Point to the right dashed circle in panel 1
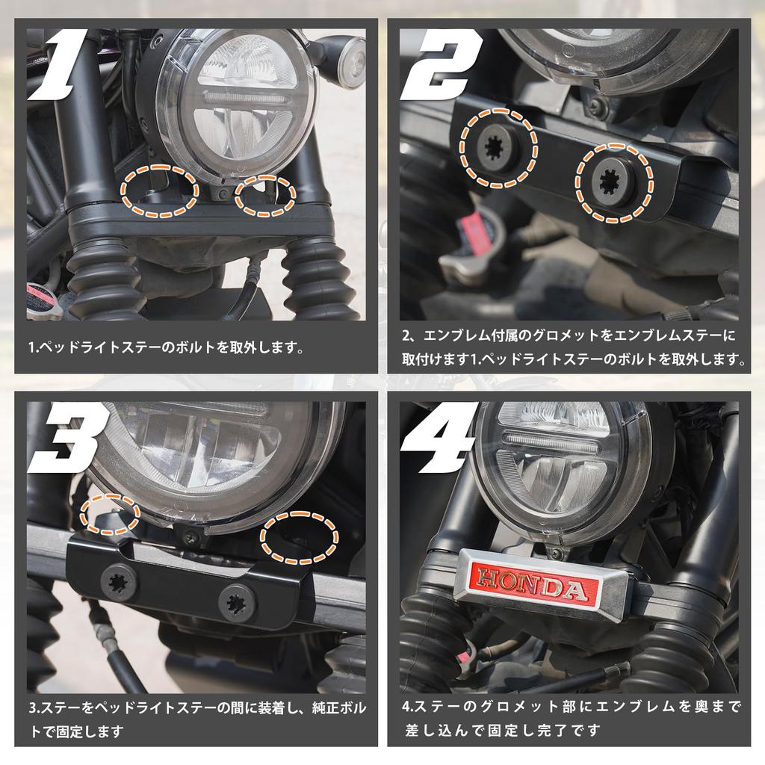(265, 196)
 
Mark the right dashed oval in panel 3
(299, 537)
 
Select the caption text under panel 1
(167, 347)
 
